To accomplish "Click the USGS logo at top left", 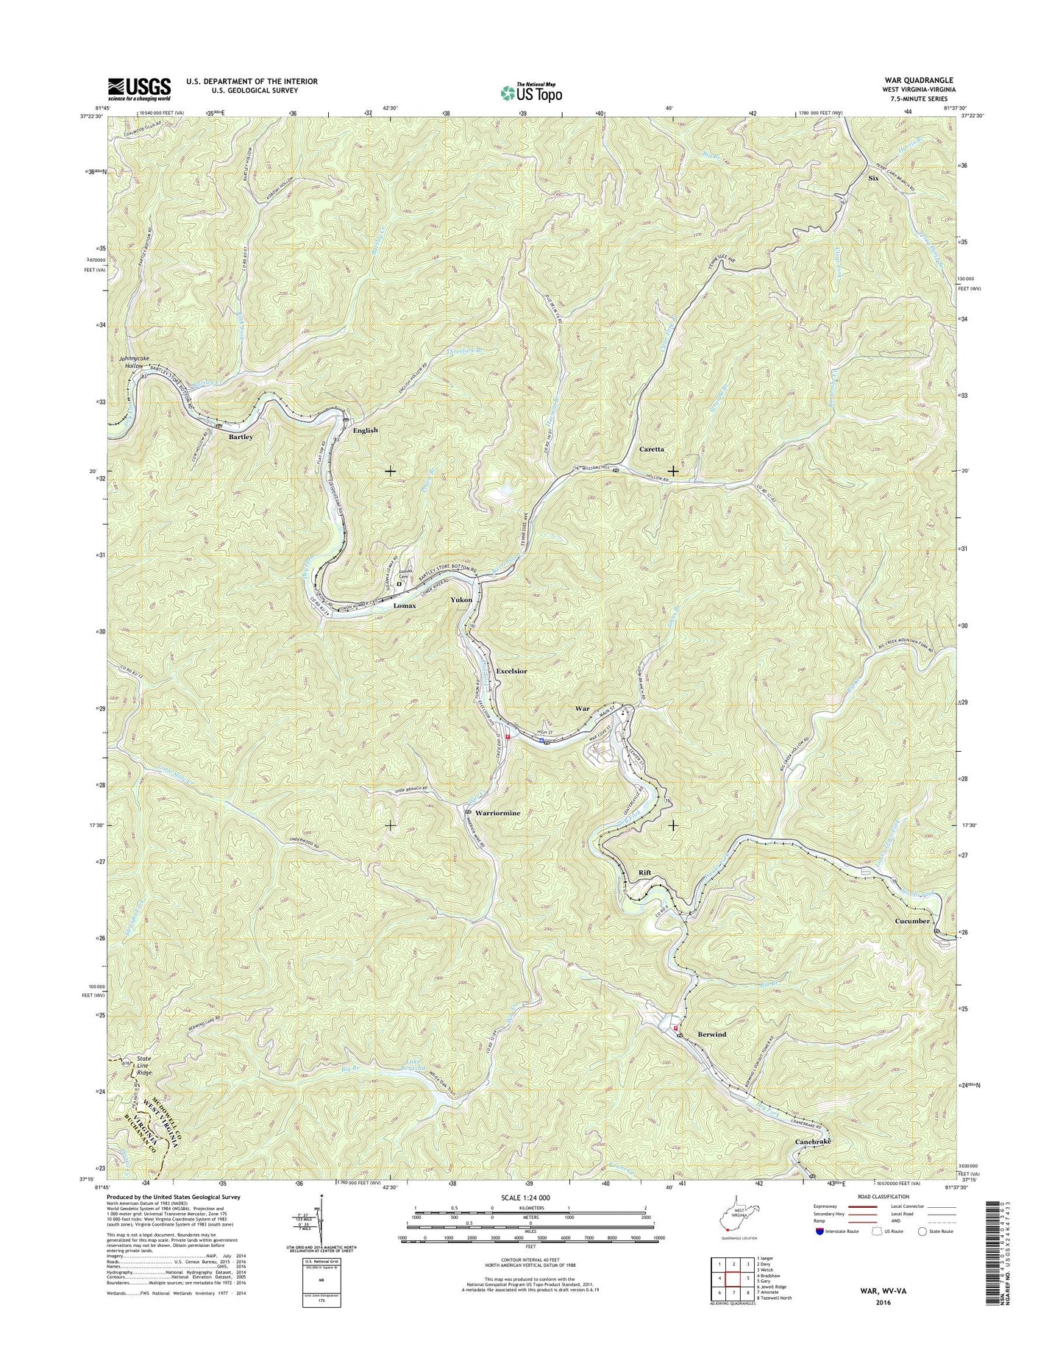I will [139, 89].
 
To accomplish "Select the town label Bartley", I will [241, 436].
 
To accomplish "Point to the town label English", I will [365, 430].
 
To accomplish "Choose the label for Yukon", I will [461, 600].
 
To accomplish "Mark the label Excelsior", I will [511, 672].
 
